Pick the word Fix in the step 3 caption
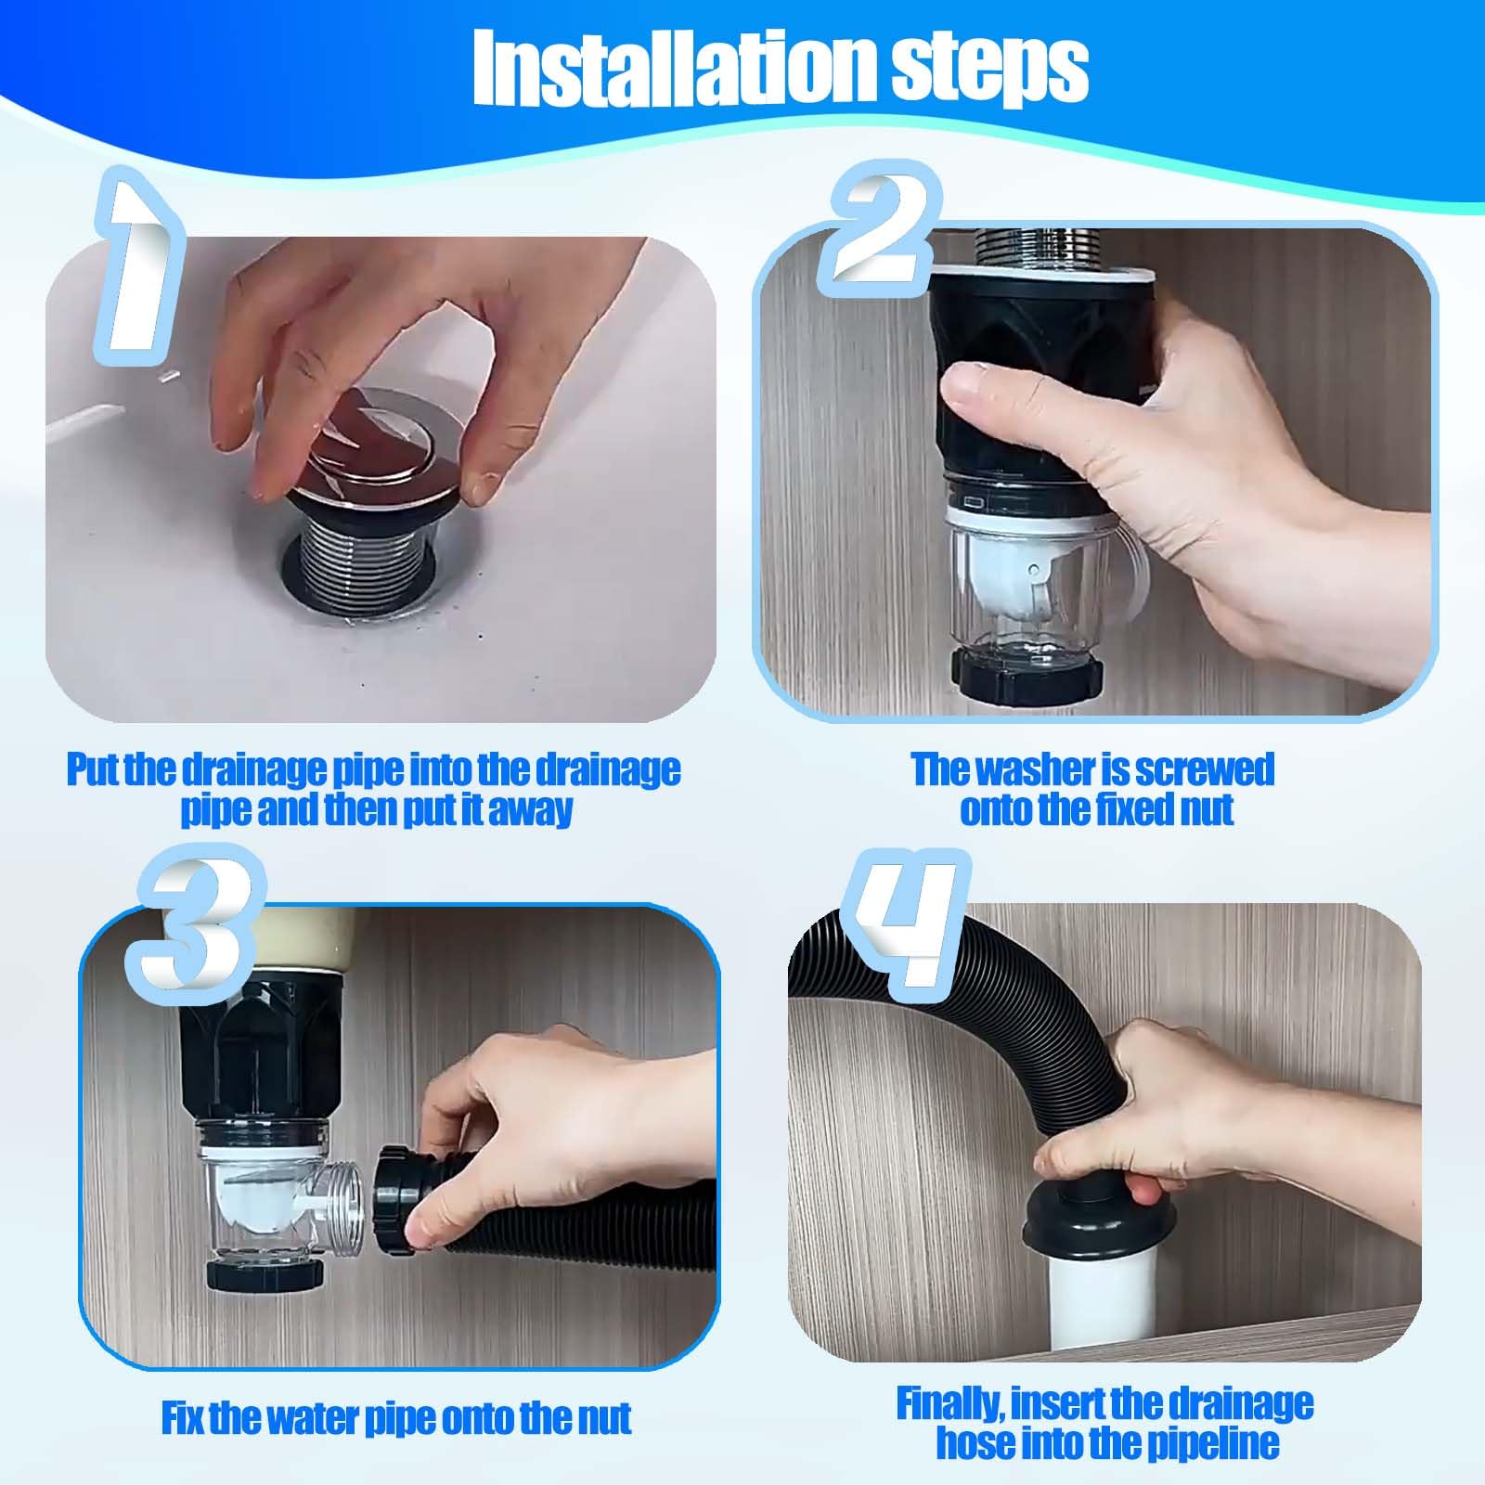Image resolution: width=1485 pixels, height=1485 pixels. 183,1418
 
